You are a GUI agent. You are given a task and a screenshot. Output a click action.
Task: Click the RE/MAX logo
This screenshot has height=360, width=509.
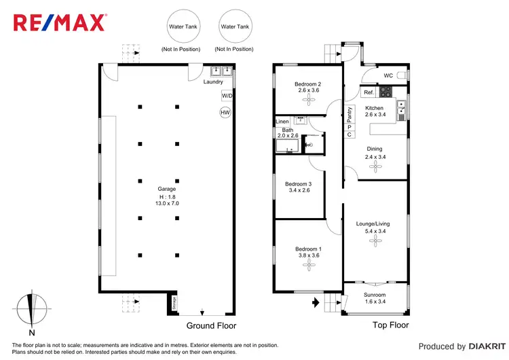pos(60,23)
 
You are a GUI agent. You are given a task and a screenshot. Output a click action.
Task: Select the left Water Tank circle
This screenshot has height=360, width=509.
pos(180,26)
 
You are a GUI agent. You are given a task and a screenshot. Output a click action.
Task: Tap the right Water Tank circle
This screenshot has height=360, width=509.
pos(234,26)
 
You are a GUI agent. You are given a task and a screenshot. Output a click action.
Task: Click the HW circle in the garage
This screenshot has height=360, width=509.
pos(225,113)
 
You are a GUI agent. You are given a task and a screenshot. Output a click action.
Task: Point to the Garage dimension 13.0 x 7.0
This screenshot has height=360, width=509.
pos(167,203)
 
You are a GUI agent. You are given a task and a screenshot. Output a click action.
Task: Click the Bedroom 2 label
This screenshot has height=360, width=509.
pos(307,84)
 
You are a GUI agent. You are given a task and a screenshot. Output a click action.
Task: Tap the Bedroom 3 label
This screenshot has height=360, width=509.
pos(299,184)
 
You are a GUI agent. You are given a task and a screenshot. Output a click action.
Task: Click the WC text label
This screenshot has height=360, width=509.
pos(388,75)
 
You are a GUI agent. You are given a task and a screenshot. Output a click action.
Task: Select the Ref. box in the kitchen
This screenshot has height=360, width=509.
pos(369,92)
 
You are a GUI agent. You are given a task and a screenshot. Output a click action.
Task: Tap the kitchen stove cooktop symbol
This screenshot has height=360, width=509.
pos(385,92)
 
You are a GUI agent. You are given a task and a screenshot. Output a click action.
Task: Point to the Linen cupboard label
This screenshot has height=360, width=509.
pos(282,122)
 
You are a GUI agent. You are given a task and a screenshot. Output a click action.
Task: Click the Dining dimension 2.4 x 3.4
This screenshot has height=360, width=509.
pos(374,158)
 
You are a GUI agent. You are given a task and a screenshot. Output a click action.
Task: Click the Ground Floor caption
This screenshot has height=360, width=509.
pos(211,325)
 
